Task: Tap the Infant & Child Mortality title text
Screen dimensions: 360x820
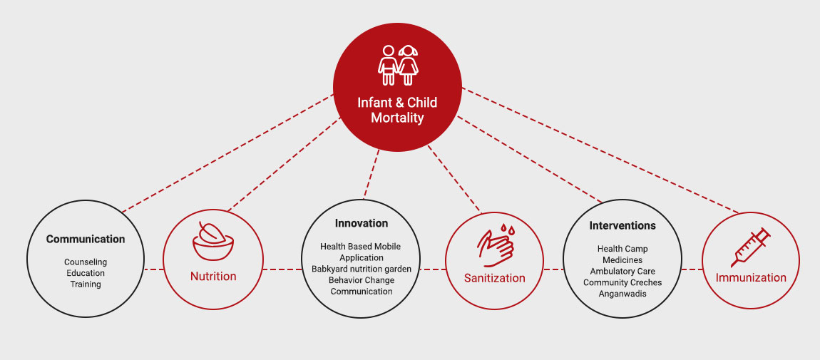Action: [397, 110]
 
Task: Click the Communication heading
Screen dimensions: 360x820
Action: [86, 240]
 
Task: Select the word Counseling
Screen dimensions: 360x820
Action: [86, 262]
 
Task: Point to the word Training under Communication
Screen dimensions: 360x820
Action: [86, 284]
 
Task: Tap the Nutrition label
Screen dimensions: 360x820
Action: [213, 276]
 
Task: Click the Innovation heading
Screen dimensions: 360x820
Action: [362, 224]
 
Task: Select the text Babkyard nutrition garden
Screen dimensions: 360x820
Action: [362, 269]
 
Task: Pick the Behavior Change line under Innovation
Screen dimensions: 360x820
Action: [362, 280]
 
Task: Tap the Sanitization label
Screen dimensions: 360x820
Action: [494, 278]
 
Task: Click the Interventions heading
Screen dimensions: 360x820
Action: [622, 226]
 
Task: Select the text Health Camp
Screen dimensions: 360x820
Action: [622, 249]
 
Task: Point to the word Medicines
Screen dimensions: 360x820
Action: [622, 260]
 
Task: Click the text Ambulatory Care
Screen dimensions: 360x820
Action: [622, 272]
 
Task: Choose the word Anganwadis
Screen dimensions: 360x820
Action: [622, 294]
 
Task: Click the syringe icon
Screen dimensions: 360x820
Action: [751, 247]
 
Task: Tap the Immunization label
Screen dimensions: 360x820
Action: [751, 278]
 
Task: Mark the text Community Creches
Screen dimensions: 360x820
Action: [622, 283]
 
